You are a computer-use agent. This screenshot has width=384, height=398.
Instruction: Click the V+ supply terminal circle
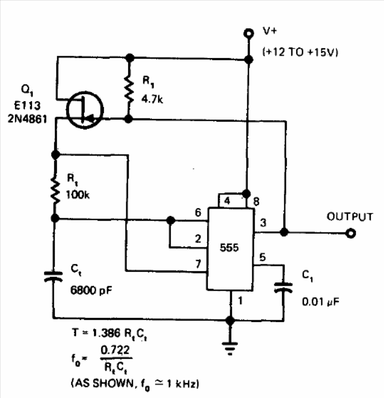[x=249, y=33]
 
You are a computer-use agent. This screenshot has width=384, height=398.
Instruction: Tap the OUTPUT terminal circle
[x=350, y=233]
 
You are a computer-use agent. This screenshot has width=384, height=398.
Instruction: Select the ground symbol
[x=230, y=348]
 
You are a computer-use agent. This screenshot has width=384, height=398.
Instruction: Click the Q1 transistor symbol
[x=85, y=110]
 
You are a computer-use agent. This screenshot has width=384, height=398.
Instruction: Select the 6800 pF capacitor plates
[x=53, y=277]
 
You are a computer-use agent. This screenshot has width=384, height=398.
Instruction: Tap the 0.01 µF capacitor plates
[x=283, y=288]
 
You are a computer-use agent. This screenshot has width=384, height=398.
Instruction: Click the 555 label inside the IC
[x=229, y=247]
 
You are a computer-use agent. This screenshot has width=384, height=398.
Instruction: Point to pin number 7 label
[x=198, y=264]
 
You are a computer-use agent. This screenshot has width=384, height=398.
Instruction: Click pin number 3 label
[x=263, y=223]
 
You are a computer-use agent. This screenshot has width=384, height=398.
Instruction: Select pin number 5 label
[x=262, y=257]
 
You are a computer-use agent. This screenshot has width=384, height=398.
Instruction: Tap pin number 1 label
[x=240, y=301]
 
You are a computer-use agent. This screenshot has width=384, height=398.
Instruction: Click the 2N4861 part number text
[x=28, y=119]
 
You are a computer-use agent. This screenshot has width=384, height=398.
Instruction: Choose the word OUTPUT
[x=350, y=217]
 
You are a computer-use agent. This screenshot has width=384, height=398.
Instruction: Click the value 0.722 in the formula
[x=115, y=350]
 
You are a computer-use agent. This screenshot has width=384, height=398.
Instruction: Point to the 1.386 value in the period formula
[x=107, y=333]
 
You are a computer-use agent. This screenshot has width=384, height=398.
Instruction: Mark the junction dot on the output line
[x=284, y=232]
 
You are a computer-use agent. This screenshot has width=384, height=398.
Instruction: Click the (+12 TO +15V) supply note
[x=300, y=52]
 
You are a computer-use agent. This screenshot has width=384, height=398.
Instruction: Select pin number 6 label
[x=198, y=212]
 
